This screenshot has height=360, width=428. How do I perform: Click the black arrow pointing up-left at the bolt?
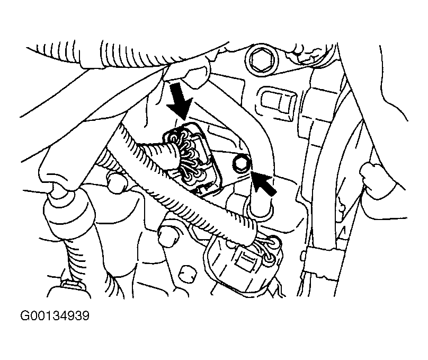coord(263,183)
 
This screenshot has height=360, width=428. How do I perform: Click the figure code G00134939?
coord(55,316)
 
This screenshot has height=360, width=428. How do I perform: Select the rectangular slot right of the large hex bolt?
coord(279,103)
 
